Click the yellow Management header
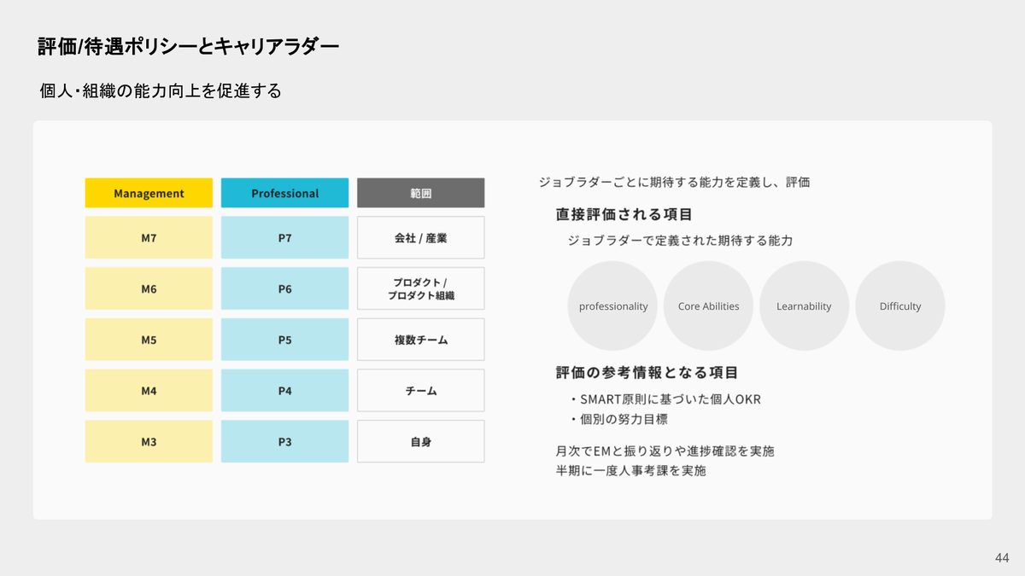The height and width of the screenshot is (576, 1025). [x=149, y=193]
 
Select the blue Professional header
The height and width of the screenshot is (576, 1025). [x=284, y=193]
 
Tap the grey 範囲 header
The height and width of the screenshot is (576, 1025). [x=421, y=193]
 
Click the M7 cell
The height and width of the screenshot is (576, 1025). [x=149, y=238]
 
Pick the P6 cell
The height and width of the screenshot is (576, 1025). [x=284, y=288]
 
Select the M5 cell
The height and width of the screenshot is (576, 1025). [x=149, y=340]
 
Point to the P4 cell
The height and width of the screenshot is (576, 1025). [x=284, y=391]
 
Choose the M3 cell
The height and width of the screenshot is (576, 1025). [x=149, y=442]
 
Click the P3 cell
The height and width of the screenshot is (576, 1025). [x=284, y=442]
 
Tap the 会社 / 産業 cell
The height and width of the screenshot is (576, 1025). [x=421, y=238]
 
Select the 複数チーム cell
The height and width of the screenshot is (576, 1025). [x=421, y=340]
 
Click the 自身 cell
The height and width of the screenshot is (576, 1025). [x=421, y=442]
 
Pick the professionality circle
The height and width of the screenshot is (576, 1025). [x=612, y=305]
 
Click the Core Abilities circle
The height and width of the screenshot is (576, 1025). [x=708, y=305]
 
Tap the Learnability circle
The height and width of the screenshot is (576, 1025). [x=804, y=305]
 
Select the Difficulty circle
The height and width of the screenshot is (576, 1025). [x=900, y=305]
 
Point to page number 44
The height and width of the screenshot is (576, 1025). [x=1002, y=558]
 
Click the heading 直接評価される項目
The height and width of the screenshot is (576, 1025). [x=624, y=214]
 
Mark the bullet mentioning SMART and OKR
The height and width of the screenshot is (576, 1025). [x=665, y=399]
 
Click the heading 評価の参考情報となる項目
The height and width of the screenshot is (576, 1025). [x=647, y=372]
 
